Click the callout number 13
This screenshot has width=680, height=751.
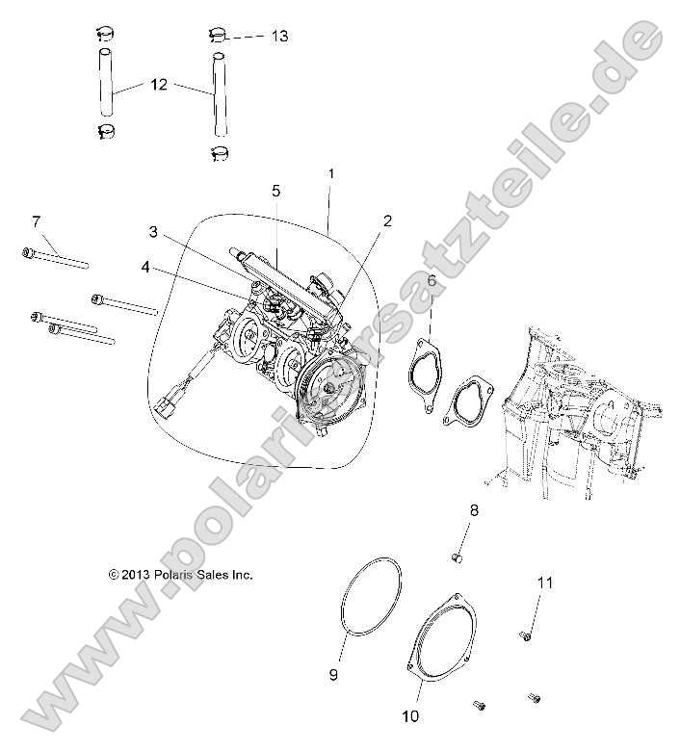(x=279, y=36)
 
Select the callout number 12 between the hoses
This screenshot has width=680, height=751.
(x=159, y=85)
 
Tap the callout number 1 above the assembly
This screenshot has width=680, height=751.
(x=330, y=173)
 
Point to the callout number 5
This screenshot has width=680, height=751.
(x=275, y=192)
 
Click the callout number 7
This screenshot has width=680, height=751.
(x=36, y=221)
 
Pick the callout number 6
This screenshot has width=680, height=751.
(x=432, y=280)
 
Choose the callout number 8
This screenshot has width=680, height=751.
(x=474, y=509)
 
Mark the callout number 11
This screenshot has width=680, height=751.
(x=544, y=583)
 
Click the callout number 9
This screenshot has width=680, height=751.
(x=333, y=675)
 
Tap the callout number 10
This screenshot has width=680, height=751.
(x=411, y=717)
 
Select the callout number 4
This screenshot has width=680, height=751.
(x=144, y=267)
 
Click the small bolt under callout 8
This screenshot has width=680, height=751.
(x=458, y=557)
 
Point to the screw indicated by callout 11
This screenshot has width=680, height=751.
(x=525, y=634)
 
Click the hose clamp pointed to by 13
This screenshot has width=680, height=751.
(x=218, y=37)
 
